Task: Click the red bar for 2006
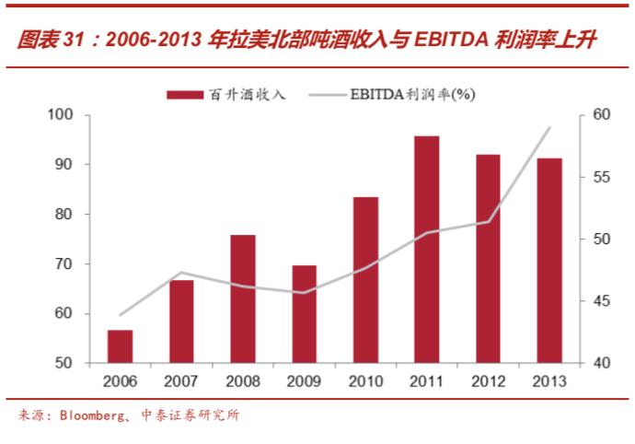[121, 346]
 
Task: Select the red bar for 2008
[243, 299]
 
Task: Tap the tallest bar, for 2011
[427, 249]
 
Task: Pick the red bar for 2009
[305, 314]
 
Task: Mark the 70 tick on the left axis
[63, 264]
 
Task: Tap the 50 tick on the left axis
[63, 364]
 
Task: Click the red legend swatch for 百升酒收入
[184, 94]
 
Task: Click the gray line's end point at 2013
[549, 127]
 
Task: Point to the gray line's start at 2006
[121, 315]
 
